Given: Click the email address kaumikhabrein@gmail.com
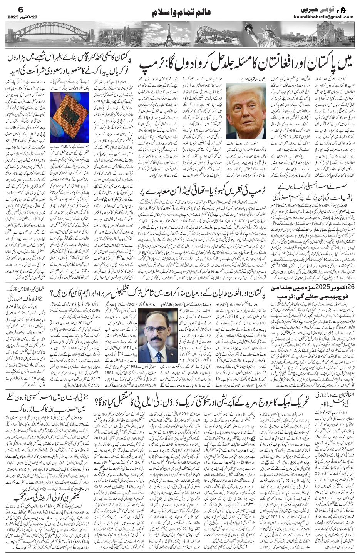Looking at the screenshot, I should coord(329,17).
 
